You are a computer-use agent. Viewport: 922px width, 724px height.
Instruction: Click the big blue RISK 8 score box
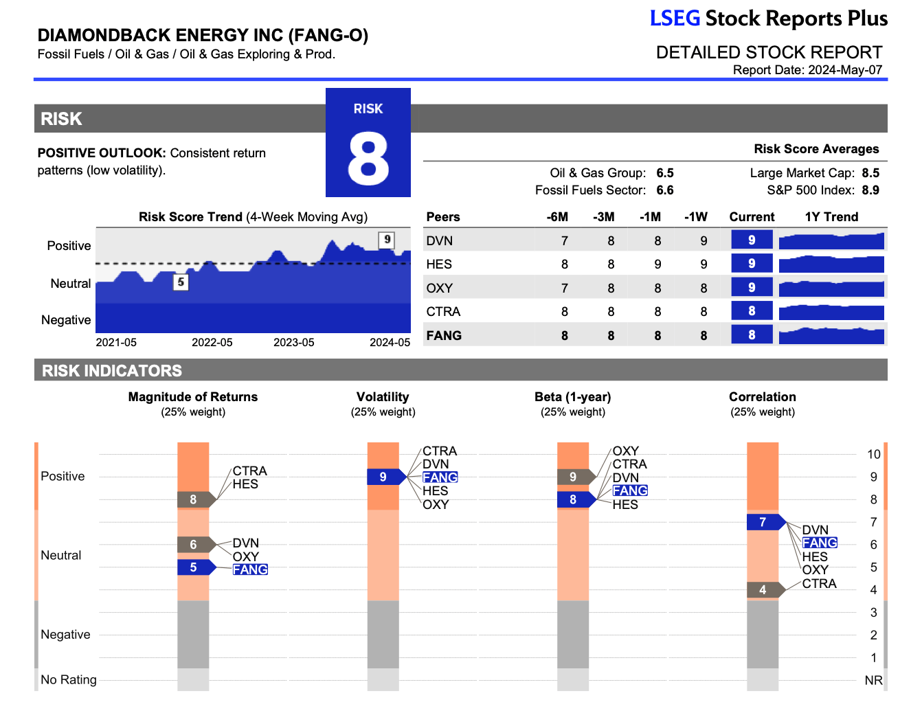pyautogui.click(x=368, y=143)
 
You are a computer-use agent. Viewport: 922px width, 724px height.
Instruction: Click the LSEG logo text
pyautogui.click(x=675, y=19)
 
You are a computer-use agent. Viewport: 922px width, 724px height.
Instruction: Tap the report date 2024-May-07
pyautogui.click(x=844, y=70)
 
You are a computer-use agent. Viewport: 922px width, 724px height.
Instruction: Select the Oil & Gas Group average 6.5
pyautogui.click(x=664, y=173)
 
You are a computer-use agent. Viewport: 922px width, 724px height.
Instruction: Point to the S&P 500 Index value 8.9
pyautogui.click(x=870, y=190)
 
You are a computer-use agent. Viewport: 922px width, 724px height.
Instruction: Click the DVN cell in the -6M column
pyautogui.click(x=564, y=241)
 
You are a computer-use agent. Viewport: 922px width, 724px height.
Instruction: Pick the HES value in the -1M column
pyautogui.click(x=657, y=264)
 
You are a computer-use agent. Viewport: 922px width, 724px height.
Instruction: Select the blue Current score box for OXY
pyautogui.click(x=751, y=288)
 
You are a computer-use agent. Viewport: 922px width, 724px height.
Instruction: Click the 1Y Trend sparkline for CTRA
pyautogui.click(x=831, y=312)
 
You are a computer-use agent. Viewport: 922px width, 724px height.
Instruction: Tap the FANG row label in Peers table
pyautogui.click(x=444, y=336)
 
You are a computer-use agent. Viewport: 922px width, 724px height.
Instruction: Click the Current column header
pyautogui.click(x=751, y=217)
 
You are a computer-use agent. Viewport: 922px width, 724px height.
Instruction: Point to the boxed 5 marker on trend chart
pyautogui.click(x=181, y=282)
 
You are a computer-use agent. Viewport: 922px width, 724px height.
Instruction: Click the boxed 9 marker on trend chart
pyautogui.click(x=387, y=240)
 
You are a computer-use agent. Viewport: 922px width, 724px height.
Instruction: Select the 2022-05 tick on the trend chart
pyautogui.click(x=212, y=342)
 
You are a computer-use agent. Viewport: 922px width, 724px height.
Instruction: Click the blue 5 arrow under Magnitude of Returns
pyautogui.click(x=195, y=567)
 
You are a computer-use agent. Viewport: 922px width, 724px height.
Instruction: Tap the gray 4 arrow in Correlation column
pyautogui.click(x=764, y=590)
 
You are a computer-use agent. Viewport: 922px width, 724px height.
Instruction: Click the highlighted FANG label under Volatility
pyautogui.click(x=440, y=477)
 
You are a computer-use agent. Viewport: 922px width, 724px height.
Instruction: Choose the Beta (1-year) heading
pyautogui.click(x=572, y=397)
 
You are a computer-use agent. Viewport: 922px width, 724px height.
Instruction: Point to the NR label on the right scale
pyautogui.click(x=873, y=681)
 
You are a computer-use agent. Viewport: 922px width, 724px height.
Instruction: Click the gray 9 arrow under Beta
pyautogui.click(x=575, y=477)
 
